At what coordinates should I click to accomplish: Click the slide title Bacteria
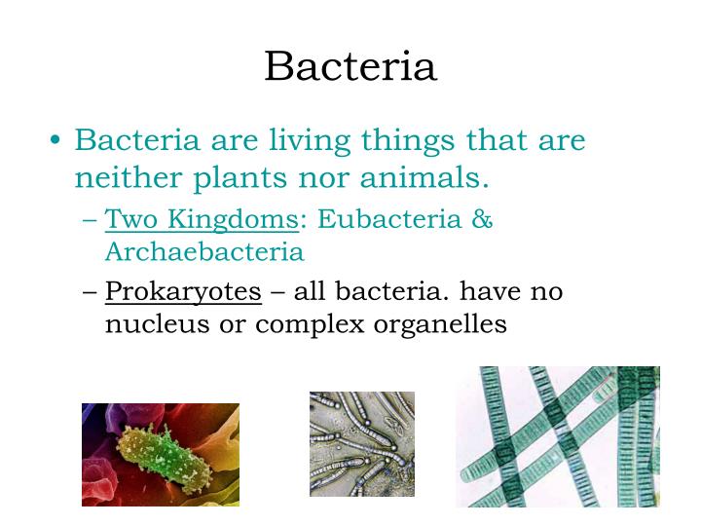350,66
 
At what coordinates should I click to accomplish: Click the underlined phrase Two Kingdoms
201,219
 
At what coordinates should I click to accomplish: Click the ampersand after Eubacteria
482,219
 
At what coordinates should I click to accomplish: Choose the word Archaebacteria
204,252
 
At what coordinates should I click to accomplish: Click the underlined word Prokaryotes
183,291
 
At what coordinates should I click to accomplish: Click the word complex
311,324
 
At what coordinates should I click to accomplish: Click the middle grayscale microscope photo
361,444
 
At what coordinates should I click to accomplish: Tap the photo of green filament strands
557,436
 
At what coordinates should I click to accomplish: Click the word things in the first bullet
409,141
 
